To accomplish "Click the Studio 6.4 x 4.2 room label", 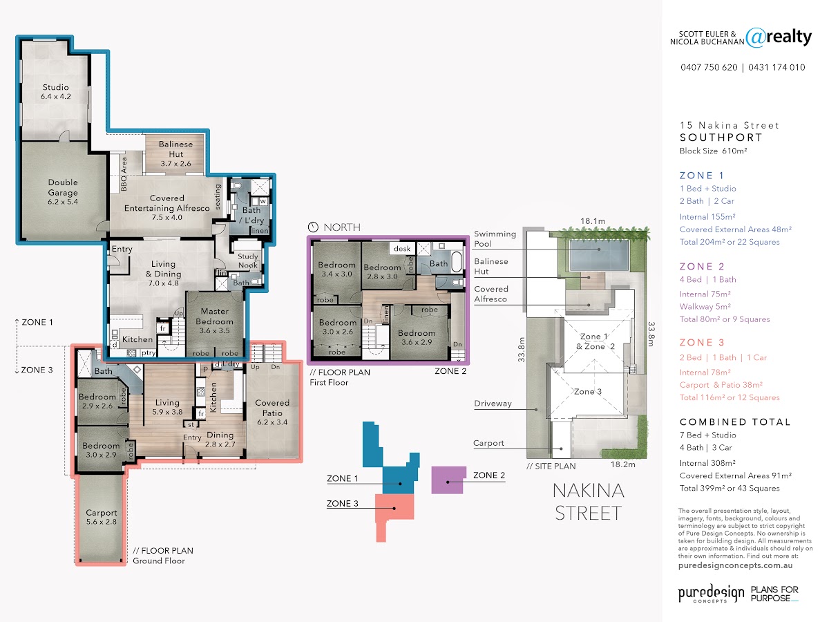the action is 55,92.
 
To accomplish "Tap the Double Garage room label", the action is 63,192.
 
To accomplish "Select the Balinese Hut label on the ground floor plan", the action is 175,153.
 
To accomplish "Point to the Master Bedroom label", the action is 215,321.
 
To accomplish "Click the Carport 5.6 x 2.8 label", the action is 102,517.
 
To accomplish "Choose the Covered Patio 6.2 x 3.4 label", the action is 272,413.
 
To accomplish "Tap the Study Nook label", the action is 248,261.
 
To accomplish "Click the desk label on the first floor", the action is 402,249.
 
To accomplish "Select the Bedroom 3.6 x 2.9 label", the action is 416,338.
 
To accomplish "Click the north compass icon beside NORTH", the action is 313,227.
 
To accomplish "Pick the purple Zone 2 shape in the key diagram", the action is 448,480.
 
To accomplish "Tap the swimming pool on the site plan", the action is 599,255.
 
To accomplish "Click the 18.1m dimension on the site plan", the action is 593,221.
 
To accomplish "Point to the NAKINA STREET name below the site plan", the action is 589,502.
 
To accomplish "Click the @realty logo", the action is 779,37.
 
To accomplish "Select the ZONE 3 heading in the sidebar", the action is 702,343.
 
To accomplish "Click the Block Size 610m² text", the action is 713,151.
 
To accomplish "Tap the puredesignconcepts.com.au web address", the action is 735,565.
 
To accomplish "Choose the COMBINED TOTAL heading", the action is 735,422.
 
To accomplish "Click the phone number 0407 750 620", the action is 709,67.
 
